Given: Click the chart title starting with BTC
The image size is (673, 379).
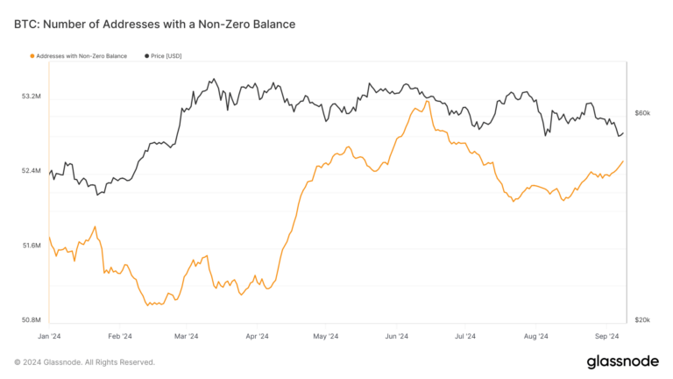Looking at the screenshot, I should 154,25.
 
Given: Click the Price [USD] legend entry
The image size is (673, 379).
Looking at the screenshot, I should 162,56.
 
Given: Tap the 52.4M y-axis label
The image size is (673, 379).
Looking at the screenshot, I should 32,170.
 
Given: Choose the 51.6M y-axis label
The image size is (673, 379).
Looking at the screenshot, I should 32,246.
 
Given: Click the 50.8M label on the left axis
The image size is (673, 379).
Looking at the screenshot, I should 32,320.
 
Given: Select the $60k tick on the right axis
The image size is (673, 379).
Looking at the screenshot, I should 642,113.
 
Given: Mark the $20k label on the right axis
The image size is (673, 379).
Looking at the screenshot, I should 642,320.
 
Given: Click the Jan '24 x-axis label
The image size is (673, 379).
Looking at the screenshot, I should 50,336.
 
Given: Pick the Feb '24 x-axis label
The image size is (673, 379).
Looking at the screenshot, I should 119,336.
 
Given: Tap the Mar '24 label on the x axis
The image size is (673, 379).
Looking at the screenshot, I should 187,336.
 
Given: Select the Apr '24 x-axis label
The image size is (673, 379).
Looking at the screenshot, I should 257,336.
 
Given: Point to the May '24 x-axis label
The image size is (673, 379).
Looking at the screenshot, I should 325,336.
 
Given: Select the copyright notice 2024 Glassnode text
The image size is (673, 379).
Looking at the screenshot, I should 85,361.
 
